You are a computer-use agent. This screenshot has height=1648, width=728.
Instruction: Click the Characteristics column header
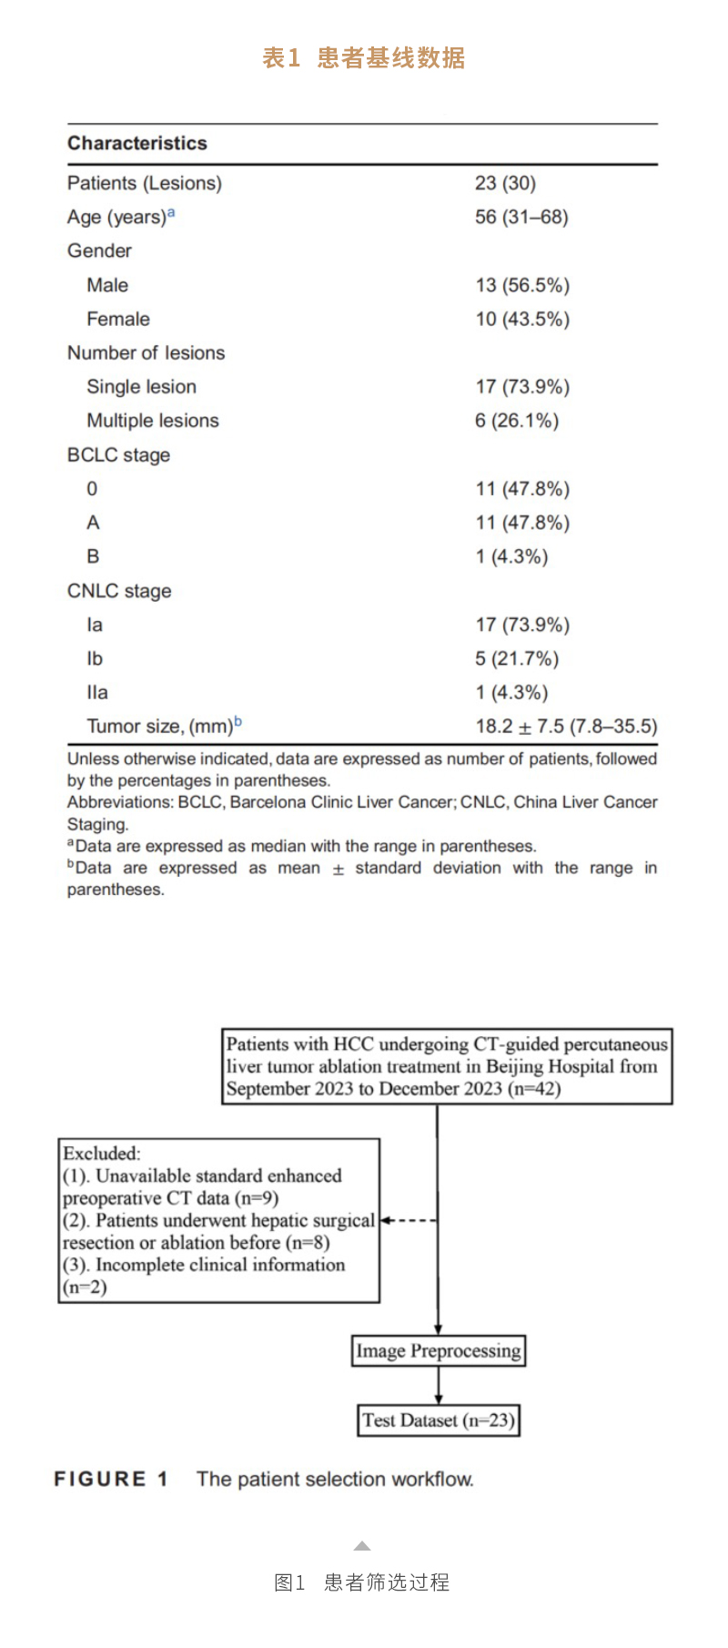click(137, 143)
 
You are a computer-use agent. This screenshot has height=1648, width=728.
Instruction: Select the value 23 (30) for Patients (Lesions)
click(505, 183)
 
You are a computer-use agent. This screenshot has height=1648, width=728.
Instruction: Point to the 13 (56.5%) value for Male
click(522, 285)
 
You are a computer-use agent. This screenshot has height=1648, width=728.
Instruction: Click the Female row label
click(118, 319)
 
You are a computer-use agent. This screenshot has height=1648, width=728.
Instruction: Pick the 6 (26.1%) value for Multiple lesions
click(517, 421)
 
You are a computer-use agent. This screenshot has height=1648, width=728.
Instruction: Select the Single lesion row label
click(141, 387)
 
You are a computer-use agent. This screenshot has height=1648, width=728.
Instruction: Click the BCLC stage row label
click(118, 455)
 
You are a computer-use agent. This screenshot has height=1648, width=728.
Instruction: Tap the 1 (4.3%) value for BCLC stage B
click(511, 556)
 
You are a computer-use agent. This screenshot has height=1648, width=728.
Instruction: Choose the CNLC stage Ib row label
click(95, 658)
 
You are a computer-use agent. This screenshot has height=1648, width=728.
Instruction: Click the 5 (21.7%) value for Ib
click(517, 658)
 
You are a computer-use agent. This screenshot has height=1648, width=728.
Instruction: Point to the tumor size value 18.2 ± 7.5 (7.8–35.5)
click(566, 727)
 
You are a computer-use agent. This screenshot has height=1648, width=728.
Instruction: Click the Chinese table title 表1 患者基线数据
click(364, 58)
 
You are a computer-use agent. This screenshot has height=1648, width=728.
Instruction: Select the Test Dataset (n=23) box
click(439, 1420)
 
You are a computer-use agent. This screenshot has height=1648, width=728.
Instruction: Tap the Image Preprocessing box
click(439, 1350)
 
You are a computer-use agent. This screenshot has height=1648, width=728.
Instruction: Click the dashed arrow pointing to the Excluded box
click(409, 1220)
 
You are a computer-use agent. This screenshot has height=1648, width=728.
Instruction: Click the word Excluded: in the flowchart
click(102, 1154)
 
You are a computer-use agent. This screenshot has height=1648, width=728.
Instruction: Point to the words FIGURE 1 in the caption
click(111, 1480)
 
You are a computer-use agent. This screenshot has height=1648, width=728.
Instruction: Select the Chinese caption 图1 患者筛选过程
click(362, 1582)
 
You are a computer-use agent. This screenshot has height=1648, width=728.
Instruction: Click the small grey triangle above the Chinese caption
click(362, 1546)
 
